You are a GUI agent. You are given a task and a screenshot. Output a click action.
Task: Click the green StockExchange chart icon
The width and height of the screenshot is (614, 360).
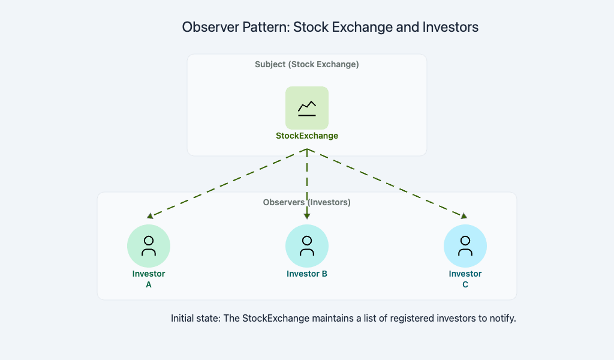tap(307, 108)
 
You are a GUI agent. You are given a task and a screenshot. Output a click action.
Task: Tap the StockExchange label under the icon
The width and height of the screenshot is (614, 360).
tap(307, 136)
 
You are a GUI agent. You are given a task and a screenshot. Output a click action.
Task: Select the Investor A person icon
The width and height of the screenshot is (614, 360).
tap(149, 246)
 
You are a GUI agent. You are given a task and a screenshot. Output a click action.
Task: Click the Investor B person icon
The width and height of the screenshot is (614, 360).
tap(307, 246)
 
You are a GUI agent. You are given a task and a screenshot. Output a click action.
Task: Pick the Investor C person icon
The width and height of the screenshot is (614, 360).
tap(465, 246)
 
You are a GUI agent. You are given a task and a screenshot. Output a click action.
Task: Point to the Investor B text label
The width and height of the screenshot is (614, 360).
tap(307, 274)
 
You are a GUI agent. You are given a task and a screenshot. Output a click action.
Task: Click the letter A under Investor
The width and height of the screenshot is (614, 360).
tap(149, 285)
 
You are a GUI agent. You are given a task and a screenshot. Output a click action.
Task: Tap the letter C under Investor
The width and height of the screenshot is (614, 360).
tap(465, 285)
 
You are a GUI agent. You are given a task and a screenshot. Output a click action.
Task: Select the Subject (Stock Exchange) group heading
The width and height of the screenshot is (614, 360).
tap(307, 64)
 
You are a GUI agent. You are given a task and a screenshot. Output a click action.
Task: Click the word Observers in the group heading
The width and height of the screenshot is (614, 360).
tap(284, 203)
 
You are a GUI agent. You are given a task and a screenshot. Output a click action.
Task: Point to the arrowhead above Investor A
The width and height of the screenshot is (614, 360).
tap(150, 216)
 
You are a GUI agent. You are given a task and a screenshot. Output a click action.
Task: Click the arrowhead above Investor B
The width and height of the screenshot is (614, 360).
tap(307, 216)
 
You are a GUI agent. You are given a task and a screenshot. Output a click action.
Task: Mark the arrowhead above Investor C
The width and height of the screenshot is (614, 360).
tap(464, 216)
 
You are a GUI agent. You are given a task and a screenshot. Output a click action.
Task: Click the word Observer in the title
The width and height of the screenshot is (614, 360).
tap(210, 27)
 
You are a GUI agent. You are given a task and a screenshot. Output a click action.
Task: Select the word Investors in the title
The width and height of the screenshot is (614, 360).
tap(450, 27)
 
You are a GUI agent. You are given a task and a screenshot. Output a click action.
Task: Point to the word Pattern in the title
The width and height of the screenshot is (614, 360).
tap(266, 27)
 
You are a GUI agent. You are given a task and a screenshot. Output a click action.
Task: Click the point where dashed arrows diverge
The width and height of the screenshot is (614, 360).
tap(307, 149)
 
